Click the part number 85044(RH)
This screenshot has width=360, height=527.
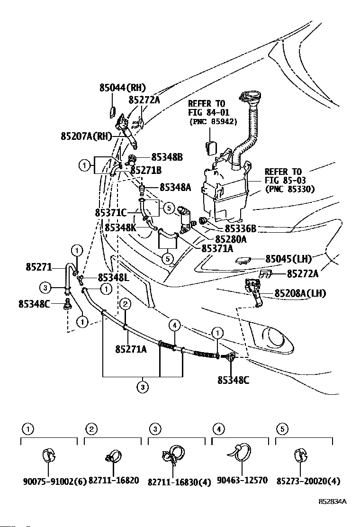point(123,88)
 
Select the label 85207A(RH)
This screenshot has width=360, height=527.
point(86,136)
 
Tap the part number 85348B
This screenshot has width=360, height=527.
point(167,157)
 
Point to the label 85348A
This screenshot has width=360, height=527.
point(175,187)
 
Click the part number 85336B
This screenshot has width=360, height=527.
point(240,228)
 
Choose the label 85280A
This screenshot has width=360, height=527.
point(231,239)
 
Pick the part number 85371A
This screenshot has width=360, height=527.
point(217,248)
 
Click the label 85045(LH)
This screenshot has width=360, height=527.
point(288,259)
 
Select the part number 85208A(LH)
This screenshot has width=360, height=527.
point(300,293)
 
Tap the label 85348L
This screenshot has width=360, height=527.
point(114,278)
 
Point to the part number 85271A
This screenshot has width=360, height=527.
point(131,350)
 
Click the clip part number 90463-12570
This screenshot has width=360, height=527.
point(243,480)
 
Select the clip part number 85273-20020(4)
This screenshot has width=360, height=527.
point(308,482)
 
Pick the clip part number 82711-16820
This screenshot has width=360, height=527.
point(114,481)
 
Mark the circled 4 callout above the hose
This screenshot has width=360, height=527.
point(175,325)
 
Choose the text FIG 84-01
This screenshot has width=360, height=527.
point(208,112)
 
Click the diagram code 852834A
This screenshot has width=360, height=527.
point(333,502)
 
